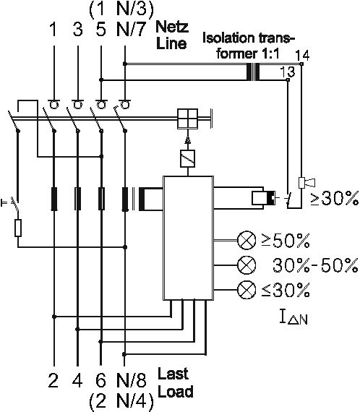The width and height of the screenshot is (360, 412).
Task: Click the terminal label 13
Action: (287, 72)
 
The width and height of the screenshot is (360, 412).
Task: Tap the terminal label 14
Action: (302, 55)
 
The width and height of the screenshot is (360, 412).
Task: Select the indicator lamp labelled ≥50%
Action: (247, 240)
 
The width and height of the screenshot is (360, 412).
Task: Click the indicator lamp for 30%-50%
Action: (247, 265)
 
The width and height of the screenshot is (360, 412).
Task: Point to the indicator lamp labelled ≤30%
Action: (247, 290)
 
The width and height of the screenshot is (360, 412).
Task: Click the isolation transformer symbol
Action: (253, 72)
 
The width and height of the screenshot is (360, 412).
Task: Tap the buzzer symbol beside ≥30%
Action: (307, 183)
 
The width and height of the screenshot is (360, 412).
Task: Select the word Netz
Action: (172, 27)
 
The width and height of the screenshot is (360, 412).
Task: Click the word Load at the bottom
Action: (176, 392)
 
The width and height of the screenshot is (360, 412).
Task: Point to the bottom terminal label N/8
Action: (131, 380)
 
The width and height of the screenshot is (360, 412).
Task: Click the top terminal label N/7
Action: (131, 29)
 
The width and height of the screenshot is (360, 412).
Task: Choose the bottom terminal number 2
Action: (53, 380)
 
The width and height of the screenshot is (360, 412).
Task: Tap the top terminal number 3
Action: (77, 29)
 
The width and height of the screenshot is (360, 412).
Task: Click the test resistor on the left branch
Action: (18, 228)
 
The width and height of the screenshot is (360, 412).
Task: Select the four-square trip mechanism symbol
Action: (188, 119)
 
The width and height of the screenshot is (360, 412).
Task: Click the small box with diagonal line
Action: (188, 159)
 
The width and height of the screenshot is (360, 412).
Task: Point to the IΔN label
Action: (293, 317)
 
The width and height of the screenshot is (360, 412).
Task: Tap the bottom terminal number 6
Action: (101, 380)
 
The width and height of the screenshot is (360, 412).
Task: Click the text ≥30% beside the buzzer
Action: (334, 198)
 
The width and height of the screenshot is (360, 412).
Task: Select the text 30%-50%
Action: (315, 265)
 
